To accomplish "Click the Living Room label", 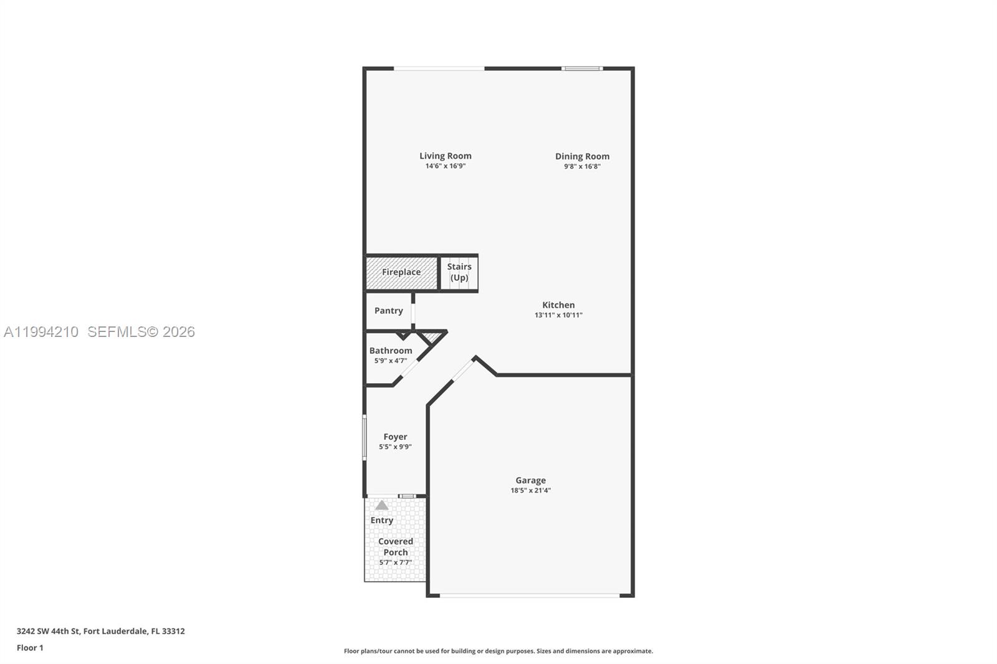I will [445, 156].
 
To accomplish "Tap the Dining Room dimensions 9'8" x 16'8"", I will [582, 166].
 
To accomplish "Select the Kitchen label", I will [558, 305].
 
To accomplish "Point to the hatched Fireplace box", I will [401, 272].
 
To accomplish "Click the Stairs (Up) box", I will [459, 272].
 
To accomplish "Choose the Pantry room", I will [388, 310].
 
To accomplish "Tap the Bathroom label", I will [391, 351].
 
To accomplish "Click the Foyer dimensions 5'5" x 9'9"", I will [395, 447].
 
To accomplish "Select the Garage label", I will [530, 480].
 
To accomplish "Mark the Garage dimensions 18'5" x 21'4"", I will [530, 490].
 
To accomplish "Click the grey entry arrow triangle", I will [382, 505].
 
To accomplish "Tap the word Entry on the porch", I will [382, 520].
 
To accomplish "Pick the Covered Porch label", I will [395, 546].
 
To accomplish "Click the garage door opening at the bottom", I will [530, 595].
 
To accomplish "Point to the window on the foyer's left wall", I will [365, 437].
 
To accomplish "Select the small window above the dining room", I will [582, 69].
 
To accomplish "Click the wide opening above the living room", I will [439, 69].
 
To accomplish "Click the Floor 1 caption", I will [30, 648].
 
